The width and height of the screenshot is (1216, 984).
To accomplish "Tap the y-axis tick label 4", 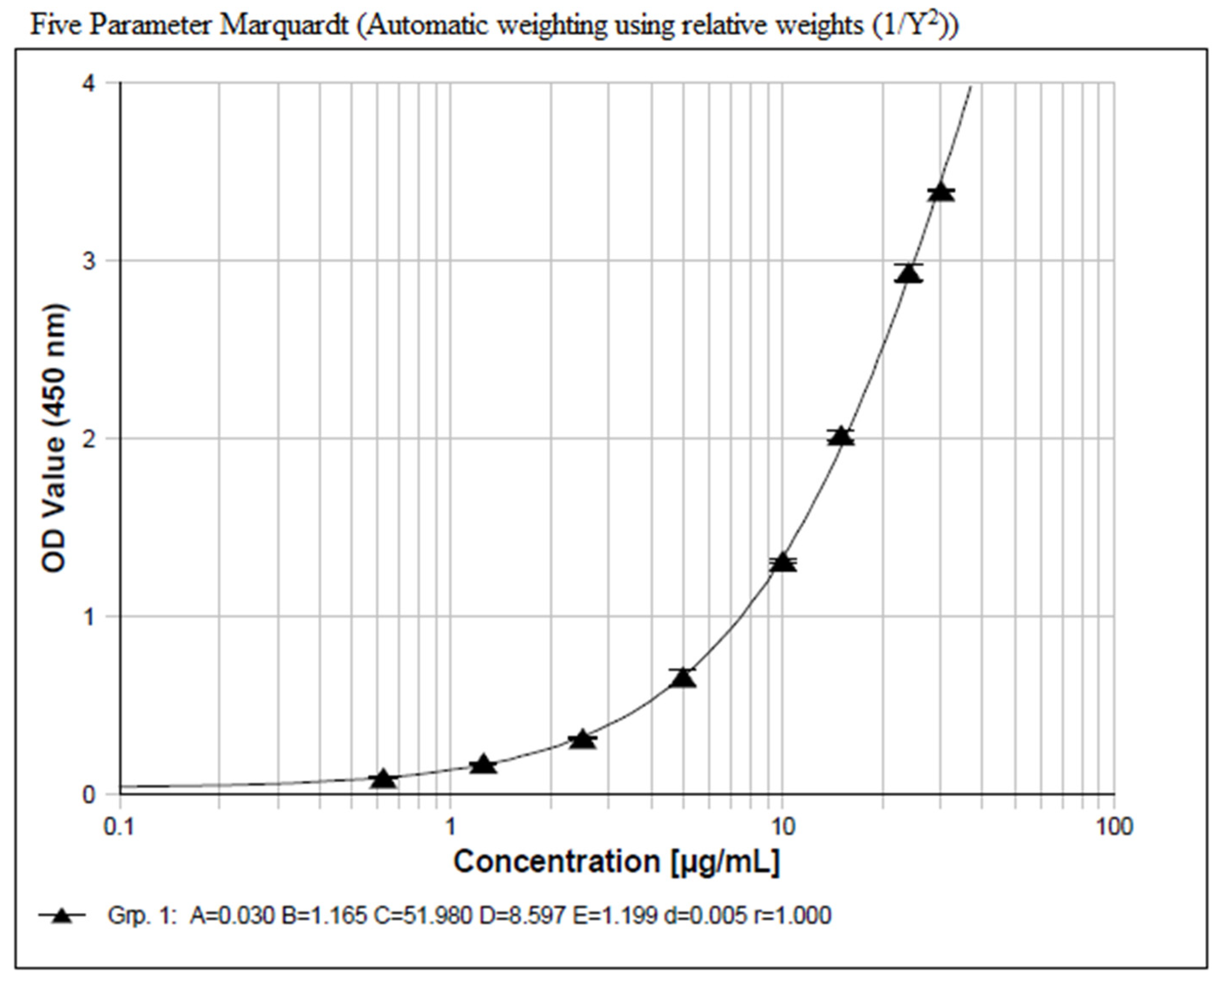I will (x=88, y=84).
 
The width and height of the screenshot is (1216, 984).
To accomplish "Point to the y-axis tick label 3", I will (x=88, y=261).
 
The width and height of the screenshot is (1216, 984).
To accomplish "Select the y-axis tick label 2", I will (x=88, y=439).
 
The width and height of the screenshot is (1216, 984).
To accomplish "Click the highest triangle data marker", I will (x=941, y=193).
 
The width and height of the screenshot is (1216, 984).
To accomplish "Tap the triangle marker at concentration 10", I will (x=783, y=563).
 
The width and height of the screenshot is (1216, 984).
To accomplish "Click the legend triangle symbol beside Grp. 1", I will (x=62, y=915).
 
